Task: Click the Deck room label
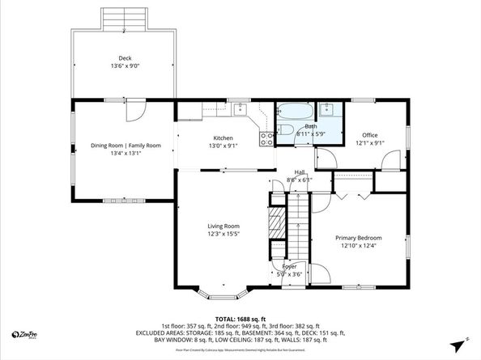(125, 58)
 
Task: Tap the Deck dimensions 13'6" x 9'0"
(125, 66)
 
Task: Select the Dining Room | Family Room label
(126, 146)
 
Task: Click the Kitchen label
(223, 138)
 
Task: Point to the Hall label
(299, 172)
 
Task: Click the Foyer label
(289, 266)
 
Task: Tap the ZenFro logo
(28, 333)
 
